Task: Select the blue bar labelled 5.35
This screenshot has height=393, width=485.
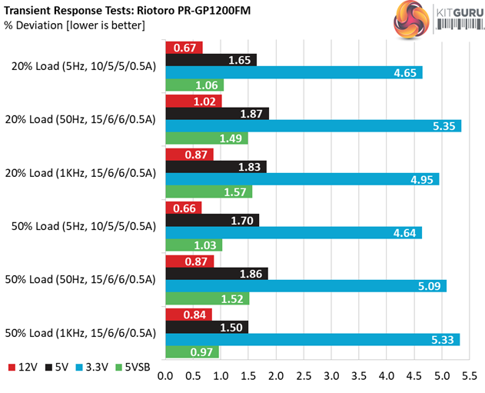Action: coord(313,126)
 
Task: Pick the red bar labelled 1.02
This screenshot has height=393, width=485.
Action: coord(194,100)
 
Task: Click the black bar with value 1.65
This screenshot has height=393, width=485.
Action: coord(211,59)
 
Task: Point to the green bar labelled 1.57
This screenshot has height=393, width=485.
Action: coord(209,192)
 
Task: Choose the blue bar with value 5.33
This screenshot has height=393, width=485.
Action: coord(312,339)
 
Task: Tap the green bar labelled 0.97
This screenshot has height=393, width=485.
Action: coord(192,352)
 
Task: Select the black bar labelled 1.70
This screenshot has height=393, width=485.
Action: coord(213,219)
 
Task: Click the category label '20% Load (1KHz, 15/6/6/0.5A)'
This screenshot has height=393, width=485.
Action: coord(85,173)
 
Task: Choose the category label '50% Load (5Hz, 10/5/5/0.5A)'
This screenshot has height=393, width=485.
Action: coord(85,226)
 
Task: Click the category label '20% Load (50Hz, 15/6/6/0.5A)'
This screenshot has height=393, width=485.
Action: coord(85,119)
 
